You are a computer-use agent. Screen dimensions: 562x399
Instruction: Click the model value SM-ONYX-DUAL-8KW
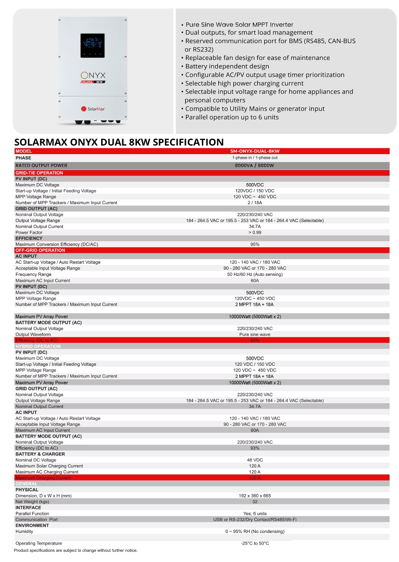(255, 151)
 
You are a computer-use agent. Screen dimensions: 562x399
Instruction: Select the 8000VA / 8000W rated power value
(255, 165)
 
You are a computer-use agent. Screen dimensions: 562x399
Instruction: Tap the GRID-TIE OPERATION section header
(39, 173)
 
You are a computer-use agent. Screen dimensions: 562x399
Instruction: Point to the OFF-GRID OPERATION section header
(40, 250)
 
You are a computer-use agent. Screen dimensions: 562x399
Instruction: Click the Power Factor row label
(29, 232)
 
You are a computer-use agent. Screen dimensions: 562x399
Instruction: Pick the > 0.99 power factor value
(255, 232)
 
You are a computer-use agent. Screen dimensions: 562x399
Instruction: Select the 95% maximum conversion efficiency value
(255, 244)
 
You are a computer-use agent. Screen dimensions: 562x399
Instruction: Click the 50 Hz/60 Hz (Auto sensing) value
(255, 274)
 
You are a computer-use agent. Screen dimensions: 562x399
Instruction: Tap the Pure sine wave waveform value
(255, 334)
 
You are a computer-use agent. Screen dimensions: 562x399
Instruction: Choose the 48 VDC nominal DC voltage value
(255, 460)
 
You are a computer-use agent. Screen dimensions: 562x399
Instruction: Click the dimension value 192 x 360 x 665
(255, 495)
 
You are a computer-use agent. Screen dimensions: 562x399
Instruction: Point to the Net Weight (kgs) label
(32, 502)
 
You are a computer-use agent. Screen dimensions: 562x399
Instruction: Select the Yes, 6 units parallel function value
(255, 513)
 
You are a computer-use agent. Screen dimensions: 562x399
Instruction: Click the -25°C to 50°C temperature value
(255, 543)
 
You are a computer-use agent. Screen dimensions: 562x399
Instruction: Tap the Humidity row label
(24, 532)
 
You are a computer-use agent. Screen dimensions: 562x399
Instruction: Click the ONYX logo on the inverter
(93, 74)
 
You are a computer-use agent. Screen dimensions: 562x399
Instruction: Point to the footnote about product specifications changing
(76, 550)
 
